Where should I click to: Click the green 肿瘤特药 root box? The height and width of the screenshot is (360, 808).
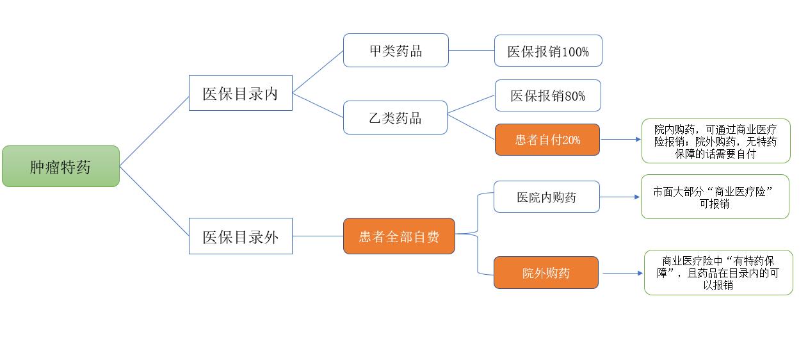click(x=61, y=167)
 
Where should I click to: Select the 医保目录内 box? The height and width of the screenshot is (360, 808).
click(x=241, y=94)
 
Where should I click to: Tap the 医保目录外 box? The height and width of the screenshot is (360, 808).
click(x=241, y=236)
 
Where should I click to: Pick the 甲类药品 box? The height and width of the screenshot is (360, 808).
click(x=396, y=51)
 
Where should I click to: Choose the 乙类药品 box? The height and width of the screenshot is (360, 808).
click(x=395, y=118)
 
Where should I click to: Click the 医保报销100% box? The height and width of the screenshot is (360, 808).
click(x=548, y=51)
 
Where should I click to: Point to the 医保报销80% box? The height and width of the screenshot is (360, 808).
click(x=547, y=95)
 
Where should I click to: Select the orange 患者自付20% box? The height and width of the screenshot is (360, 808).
click(x=547, y=140)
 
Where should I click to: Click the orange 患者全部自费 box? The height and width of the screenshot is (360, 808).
click(x=399, y=236)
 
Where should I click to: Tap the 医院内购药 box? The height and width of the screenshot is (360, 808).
click(x=546, y=197)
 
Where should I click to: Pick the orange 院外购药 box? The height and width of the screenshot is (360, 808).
click(x=545, y=273)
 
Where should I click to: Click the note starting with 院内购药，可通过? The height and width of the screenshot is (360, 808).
click(x=716, y=141)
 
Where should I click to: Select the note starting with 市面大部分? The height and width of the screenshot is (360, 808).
click(x=715, y=197)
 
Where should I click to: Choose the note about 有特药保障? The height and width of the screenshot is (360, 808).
click(x=718, y=273)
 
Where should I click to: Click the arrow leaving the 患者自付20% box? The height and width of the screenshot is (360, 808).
click(x=620, y=140)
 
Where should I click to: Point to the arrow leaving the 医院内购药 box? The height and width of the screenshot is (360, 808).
click(x=620, y=197)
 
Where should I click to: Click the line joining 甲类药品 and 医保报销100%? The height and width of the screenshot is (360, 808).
click(x=471, y=51)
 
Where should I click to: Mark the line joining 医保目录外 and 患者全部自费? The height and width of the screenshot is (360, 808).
click(x=318, y=236)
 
